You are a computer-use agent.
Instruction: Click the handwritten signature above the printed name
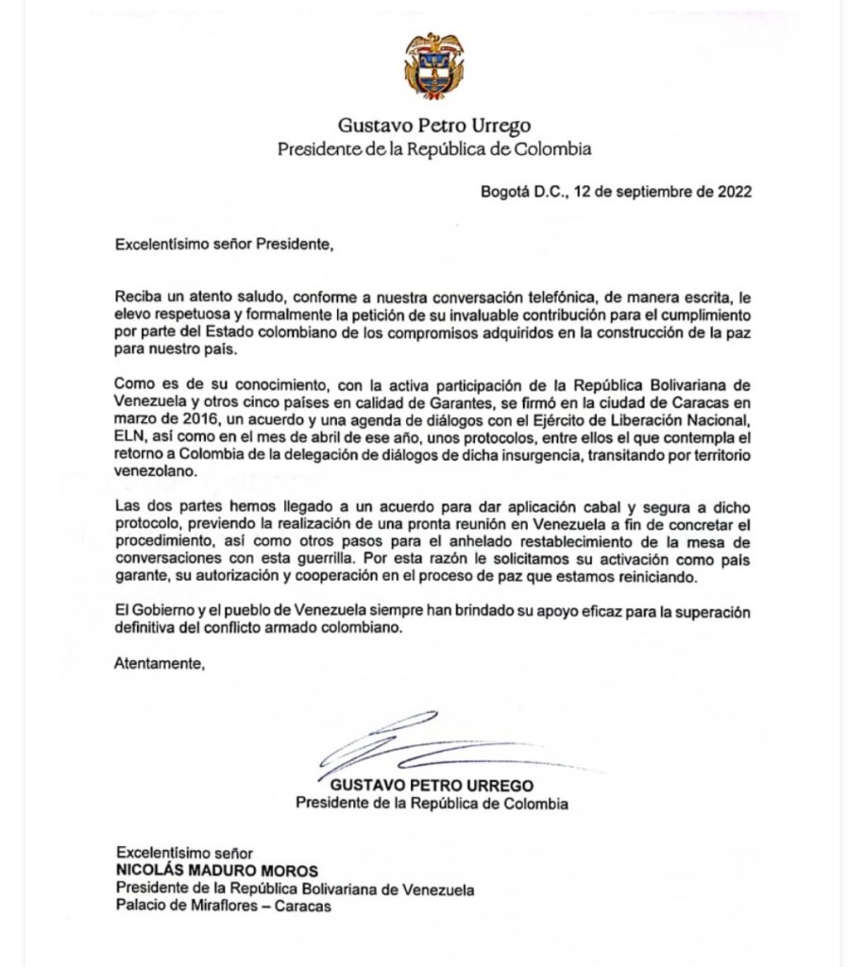click(425, 746)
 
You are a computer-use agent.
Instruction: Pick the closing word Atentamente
click(159, 663)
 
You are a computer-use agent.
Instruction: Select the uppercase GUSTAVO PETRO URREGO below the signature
click(432, 786)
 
